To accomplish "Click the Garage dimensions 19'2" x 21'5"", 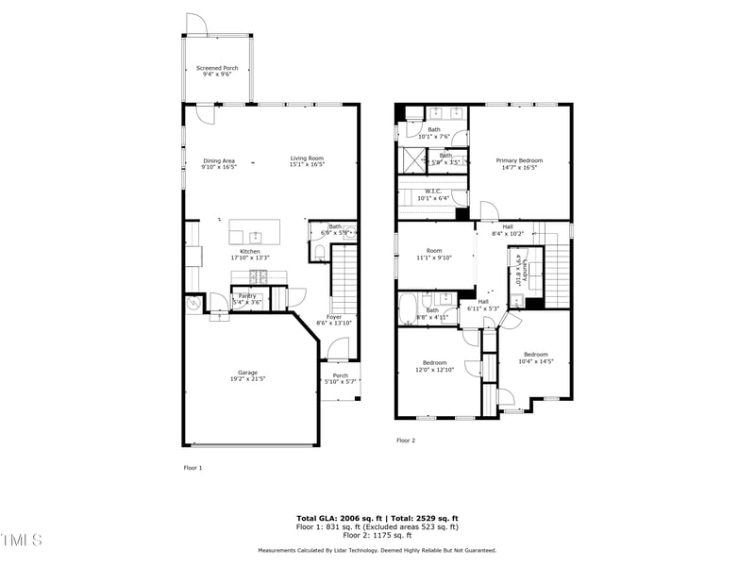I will (247, 378).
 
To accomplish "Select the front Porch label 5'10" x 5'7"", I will (340, 378).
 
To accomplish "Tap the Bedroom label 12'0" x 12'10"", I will (434, 366).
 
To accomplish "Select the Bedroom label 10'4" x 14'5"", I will (536, 358).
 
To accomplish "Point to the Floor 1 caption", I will (193, 467).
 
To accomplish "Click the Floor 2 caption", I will (406, 441).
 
